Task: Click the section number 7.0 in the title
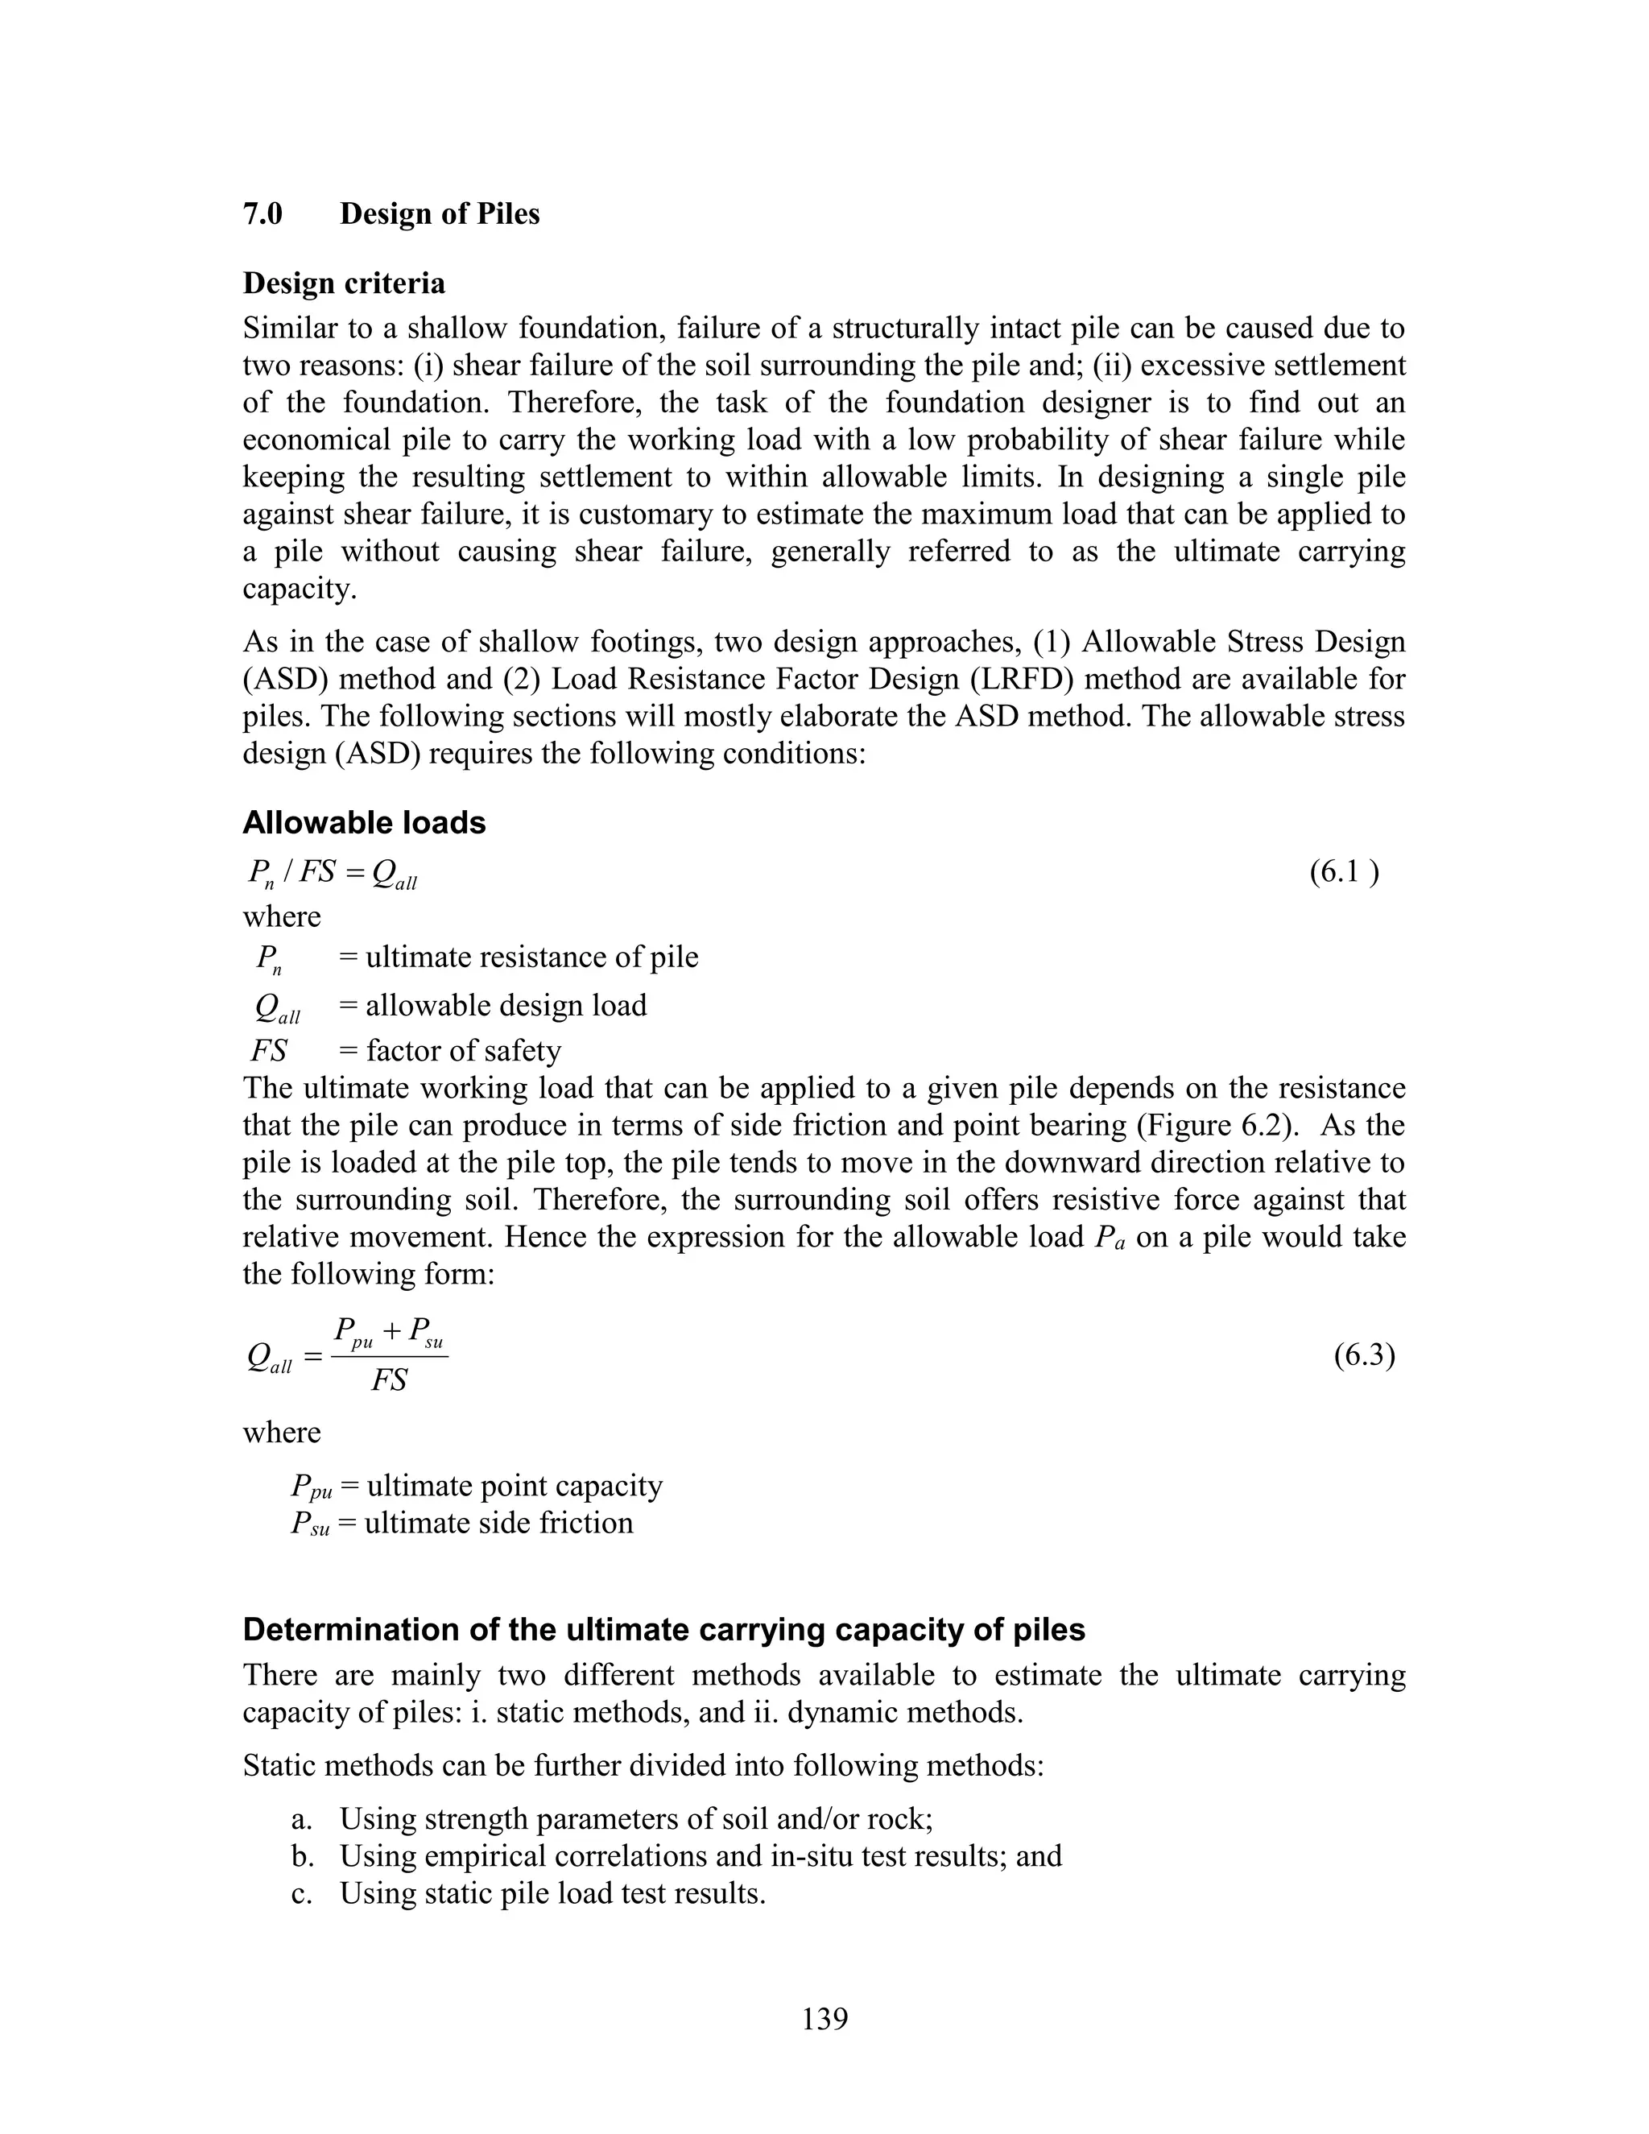[x=262, y=214]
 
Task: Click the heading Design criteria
[x=344, y=283]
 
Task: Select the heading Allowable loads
[x=363, y=823]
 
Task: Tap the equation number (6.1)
[x=1344, y=871]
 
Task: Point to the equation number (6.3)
[x=1364, y=1356]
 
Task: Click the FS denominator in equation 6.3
[x=389, y=1380]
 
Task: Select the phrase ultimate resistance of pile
[x=531, y=957]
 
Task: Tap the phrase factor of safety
[x=463, y=1050]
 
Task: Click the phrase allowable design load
[x=506, y=1006]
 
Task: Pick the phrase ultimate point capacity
[x=514, y=1487]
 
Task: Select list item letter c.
[x=301, y=1894]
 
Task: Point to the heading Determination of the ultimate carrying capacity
[x=663, y=1630]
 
